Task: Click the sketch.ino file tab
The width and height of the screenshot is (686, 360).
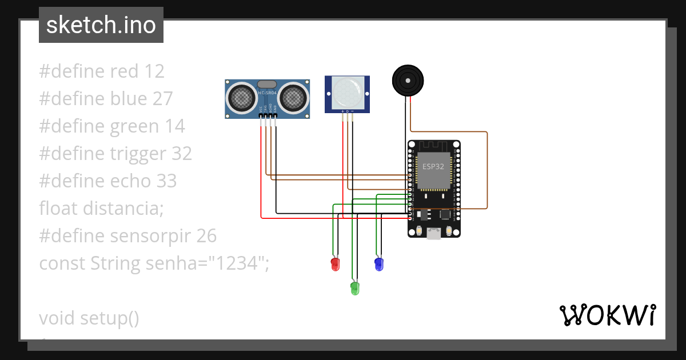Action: pos(101,25)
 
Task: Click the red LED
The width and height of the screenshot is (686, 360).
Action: pos(336,264)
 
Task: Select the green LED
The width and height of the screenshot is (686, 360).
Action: pos(354,287)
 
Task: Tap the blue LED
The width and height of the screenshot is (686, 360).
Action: pos(378,264)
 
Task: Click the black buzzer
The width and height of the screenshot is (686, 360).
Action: pos(408,80)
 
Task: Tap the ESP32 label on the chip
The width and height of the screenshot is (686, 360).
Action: pos(433,166)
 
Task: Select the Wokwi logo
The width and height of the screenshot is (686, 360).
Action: pos(607,315)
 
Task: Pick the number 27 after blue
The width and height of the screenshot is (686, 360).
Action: pos(162,99)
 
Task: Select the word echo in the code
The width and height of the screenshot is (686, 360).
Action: pos(130,181)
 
